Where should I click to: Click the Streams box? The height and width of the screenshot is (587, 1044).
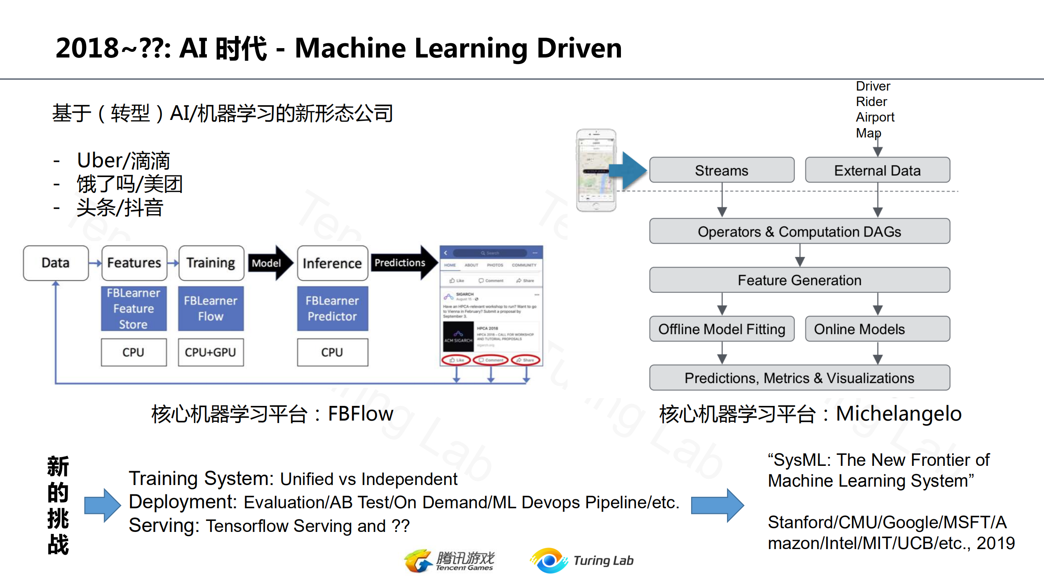click(721, 170)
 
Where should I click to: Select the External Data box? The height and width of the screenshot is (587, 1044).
click(877, 170)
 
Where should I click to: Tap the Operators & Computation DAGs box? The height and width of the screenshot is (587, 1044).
click(799, 231)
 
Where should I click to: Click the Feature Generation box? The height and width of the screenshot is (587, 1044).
click(799, 280)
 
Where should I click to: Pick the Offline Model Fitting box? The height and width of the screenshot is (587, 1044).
click(721, 329)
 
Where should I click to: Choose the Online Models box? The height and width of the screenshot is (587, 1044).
click(877, 329)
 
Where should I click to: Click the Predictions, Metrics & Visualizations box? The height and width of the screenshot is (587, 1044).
click(799, 378)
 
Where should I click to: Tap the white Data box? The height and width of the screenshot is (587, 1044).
click(56, 263)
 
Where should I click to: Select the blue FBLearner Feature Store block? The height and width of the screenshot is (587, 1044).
click(133, 308)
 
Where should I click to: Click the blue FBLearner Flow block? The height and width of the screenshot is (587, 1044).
click(211, 308)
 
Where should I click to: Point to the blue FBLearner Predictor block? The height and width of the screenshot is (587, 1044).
click(332, 308)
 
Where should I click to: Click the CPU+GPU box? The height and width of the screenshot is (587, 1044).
click(211, 352)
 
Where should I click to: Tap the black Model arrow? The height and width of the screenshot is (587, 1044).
click(269, 263)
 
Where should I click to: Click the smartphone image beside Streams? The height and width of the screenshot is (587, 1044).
click(596, 170)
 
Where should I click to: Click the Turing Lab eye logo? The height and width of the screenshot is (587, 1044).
click(549, 560)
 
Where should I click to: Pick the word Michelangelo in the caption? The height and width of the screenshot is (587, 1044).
click(898, 414)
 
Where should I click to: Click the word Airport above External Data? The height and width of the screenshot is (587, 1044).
click(875, 117)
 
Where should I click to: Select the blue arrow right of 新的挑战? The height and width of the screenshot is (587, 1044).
click(102, 505)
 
